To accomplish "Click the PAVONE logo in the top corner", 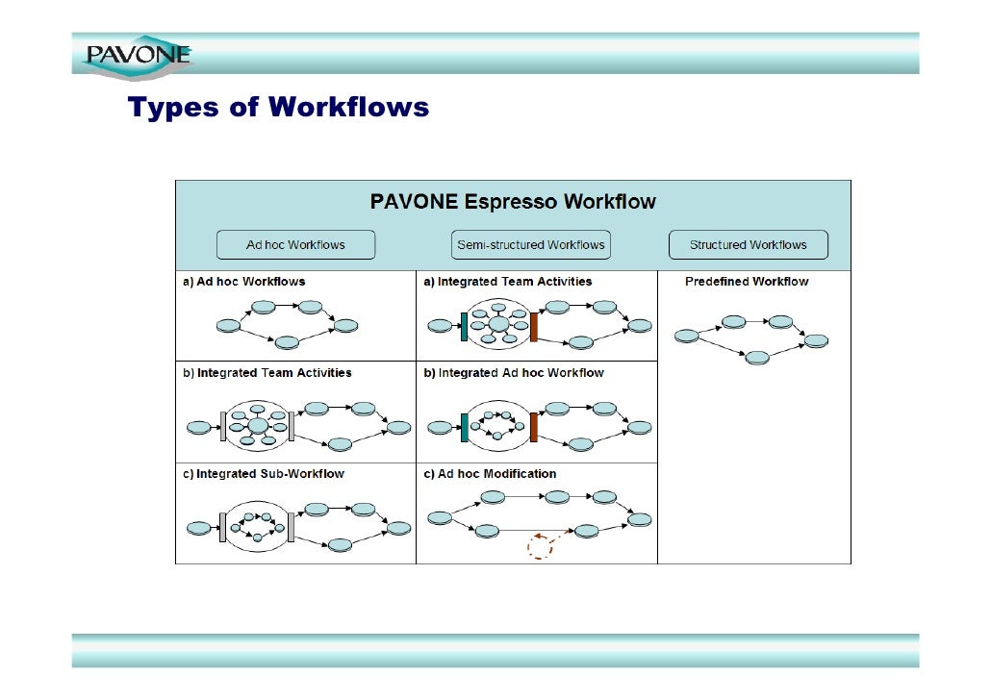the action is click(138, 54).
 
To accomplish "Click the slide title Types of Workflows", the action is click(278, 107).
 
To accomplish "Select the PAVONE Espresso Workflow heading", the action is click(513, 202).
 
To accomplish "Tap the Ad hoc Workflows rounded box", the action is click(295, 245).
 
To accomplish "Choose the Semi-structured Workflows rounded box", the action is click(531, 245).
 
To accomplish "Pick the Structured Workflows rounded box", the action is click(748, 245).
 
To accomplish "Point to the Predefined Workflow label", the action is click(747, 282).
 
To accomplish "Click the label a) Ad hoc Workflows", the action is click(244, 282).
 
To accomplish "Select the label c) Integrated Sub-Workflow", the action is click(264, 474).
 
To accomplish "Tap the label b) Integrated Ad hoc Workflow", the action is click(514, 373).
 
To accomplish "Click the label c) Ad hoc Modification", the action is click(490, 474).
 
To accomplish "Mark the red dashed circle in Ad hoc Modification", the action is click(540, 547).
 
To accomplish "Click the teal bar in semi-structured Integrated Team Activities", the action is click(464, 326).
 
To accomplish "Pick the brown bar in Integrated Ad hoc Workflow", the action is click(533, 427).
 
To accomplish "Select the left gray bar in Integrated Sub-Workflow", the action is click(222, 527).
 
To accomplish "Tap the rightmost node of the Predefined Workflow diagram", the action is click(817, 340).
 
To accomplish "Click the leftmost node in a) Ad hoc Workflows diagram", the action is click(229, 326).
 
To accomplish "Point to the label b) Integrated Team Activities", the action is click(267, 373).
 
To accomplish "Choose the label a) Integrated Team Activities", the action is click(508, 282).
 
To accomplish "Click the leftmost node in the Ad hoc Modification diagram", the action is click(440, 518).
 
